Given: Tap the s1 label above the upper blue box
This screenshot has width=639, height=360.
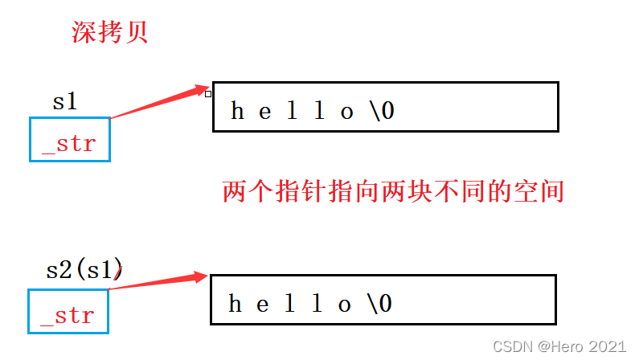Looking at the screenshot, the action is point(65,102).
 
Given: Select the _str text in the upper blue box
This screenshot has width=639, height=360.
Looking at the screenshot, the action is point(69,143).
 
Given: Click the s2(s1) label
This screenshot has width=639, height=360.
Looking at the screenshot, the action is point(84,270).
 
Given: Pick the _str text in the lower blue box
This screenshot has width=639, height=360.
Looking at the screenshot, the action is point(68,315).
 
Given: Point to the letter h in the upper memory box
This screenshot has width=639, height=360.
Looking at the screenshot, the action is point(238,111).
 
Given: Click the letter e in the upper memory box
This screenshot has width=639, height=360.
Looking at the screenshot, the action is point(265,111).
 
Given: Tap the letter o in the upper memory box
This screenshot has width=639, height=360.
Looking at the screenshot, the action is point(347,111).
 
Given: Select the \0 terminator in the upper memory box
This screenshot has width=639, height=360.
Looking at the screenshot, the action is point(383,111).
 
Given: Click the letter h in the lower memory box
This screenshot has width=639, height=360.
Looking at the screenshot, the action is point(236,304).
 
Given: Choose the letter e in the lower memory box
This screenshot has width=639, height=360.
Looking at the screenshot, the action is point(263,304).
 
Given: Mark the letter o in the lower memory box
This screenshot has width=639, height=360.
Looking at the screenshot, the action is point(345,304).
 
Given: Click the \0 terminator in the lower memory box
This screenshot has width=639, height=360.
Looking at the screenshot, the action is point(380,304).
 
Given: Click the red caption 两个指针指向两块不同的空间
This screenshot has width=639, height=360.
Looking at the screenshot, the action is point(393,191).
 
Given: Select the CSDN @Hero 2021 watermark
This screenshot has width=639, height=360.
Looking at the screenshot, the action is point(559,346).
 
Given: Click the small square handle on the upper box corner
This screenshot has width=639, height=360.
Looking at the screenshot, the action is point(208,94).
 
